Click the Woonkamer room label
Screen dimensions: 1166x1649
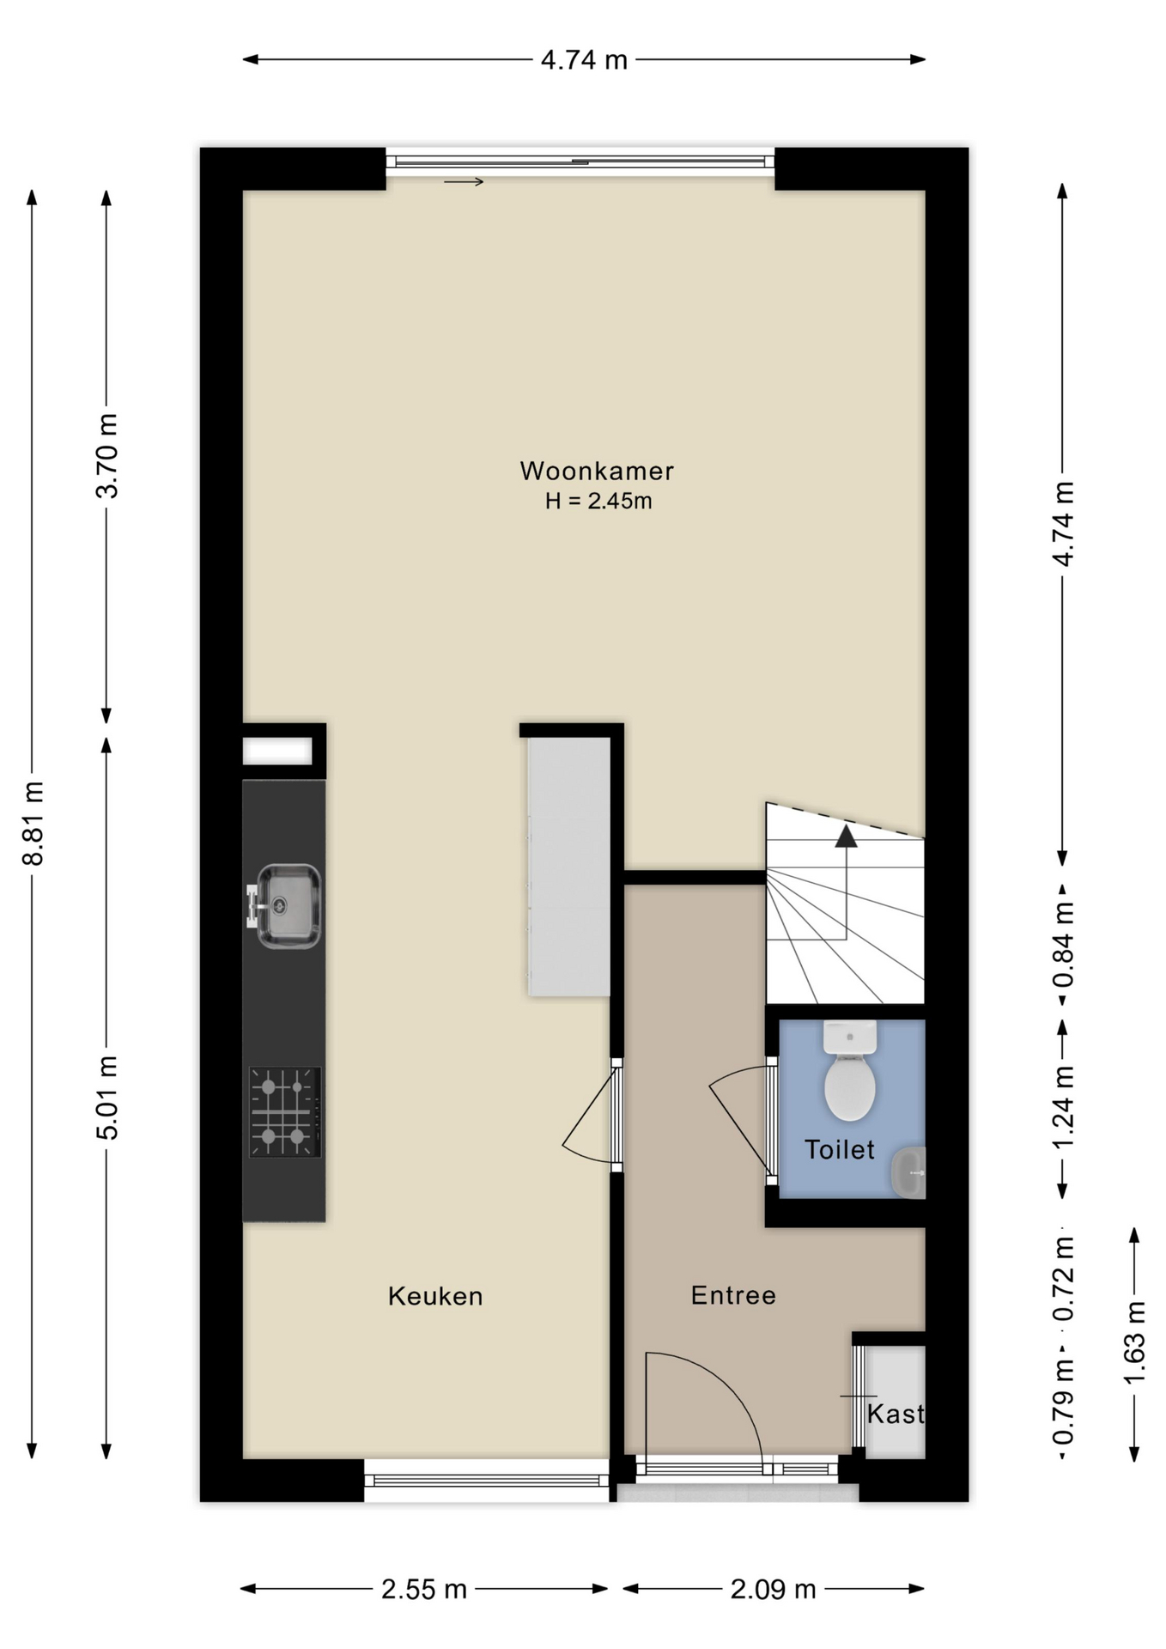coord(597,471)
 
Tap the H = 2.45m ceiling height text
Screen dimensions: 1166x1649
coord(598,501)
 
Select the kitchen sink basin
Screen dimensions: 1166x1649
coord(288,906)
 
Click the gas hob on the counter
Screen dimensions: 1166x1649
coord(285,1112)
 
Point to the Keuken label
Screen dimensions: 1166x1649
coord(435,1296)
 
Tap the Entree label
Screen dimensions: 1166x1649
coord(733,1295)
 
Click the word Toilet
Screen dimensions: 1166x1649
coord(840,1149)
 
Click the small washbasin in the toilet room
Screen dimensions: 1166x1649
coord(908,1172)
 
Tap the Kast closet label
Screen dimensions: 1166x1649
coord(896,1414)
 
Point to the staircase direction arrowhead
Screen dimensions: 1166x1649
coord(847,836)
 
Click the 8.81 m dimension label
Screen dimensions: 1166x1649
coord(33,824)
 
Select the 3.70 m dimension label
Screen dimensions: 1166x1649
coord(107,456)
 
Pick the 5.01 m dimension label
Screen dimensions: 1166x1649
coord(107,1098)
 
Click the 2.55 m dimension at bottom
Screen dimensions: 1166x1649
coord(424,1590)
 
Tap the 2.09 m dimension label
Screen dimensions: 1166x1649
coord(773,1590)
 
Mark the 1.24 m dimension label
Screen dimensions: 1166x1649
coord(1064,1107)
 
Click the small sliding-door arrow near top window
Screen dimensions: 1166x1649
coord(464,182)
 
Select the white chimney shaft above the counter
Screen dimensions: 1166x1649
coord(276,751)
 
